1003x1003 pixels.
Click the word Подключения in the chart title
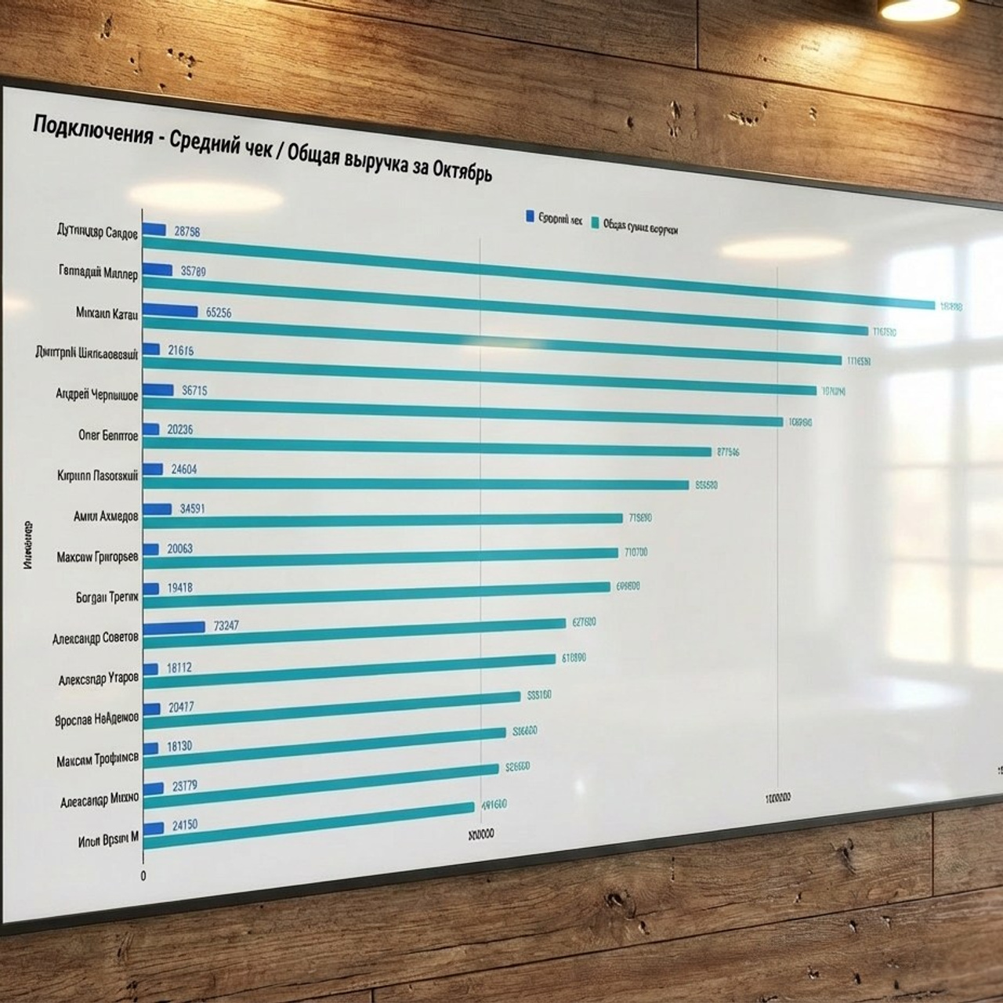click(x=92, y=129)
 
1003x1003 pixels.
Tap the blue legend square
click(x=530, y=216)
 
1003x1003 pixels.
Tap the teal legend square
click(x=595, y=223)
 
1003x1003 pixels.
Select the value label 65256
click(x=219, y=312)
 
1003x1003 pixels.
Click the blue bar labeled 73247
click(x=175, y=627)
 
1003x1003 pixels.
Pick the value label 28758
click(x=187, y=231)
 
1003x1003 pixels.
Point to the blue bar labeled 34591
click(x=158, y=509)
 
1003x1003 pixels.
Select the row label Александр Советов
click(x=96, y=638)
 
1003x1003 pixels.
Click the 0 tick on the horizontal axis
click(x=143, y=876)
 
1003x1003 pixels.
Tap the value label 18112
click(x=179, y=668)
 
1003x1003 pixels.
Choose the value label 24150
click(x=184, y=824)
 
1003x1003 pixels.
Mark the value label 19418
click(x=179, y=588)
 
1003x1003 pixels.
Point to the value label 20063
click(x=179, y=549)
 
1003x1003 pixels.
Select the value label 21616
click(x=180, y=350)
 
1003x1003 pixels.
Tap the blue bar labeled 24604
click(x=154, y=469)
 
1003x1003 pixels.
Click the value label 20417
click(x=181, y=707)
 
